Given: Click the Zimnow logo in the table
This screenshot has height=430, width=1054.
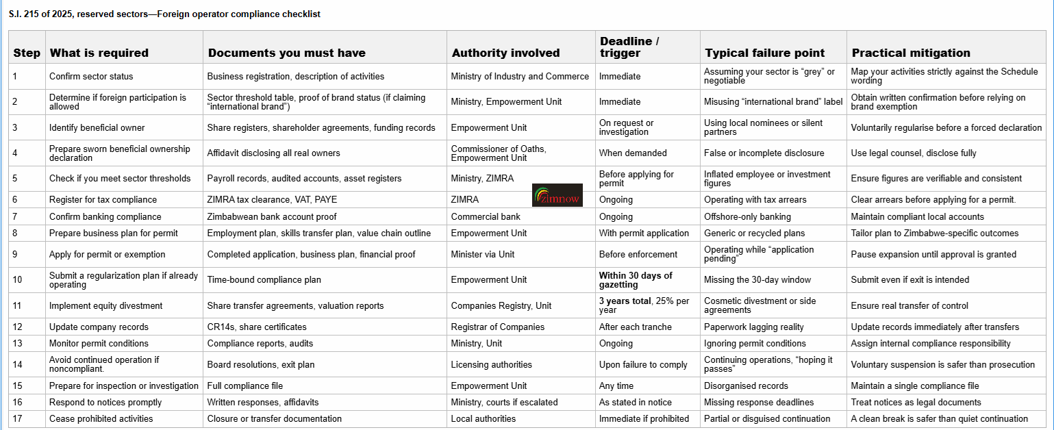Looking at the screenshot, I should (x=557, y=195).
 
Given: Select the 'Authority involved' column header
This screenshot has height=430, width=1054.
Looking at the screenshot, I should (x=505, y=53).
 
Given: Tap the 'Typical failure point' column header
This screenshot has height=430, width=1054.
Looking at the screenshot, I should (x=765, y=53).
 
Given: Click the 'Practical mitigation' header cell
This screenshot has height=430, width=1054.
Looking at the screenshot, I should (x=910, y=53).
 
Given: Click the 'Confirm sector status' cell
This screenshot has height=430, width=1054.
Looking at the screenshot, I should (x=91, y=76).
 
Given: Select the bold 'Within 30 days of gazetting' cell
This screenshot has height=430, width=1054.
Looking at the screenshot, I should (x=636, y=279).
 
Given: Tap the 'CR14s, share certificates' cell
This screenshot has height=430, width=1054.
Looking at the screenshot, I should (x=257, y=327).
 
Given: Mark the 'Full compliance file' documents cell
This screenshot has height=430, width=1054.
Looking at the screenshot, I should (x=245, y=385).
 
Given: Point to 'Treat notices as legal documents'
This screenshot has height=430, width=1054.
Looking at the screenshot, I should (x=916, y=402).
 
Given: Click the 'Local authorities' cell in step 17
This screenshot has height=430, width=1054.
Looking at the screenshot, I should (x=484, y=418).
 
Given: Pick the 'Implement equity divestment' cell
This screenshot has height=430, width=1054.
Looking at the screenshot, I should (x=106, y=305).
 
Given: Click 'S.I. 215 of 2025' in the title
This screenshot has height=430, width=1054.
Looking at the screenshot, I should (x=40, y=14).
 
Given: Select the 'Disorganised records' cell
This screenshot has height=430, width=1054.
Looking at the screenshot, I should (x=746, y=385).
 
